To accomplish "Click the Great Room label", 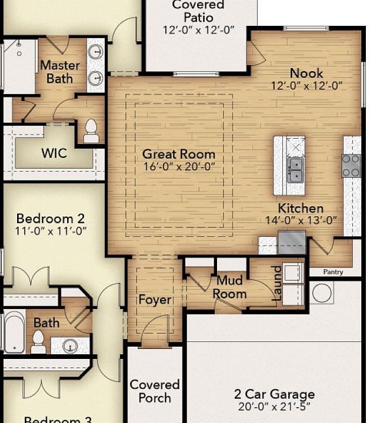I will pyautogui.click(x=179, y=155).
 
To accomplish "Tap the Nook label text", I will pyautogui.click(x=306, y=73).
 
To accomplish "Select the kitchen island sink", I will pyautogui.click(x=295, y=170).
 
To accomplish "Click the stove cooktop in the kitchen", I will pyautogui.click(x=351, y=166).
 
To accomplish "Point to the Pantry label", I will pyautogui.click(x=334, y=272).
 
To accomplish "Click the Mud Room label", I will pyautogui.click(x=229, y=287).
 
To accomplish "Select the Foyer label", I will pyautogui.click(x=155, y=300).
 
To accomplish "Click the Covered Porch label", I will pyautogui.click(x=155, y=391).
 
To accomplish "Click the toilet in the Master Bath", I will pyautogui.click(x=91, y=131).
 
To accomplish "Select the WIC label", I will pyautogui.click(x=54, y=154).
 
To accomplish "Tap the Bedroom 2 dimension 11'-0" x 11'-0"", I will pyautogui.click(x=51, y=231).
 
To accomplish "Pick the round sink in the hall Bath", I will pyautogui.click(x=71, y=345).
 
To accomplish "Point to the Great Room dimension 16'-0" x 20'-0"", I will pyautogui.click(x=179, y=167).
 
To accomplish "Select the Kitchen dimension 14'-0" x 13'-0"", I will pyautogui.click(x=301, y=220).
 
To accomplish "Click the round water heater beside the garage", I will pyautogui.click(x=322, y=293).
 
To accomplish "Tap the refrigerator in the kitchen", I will pyautogui.click(x=292, y=241).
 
